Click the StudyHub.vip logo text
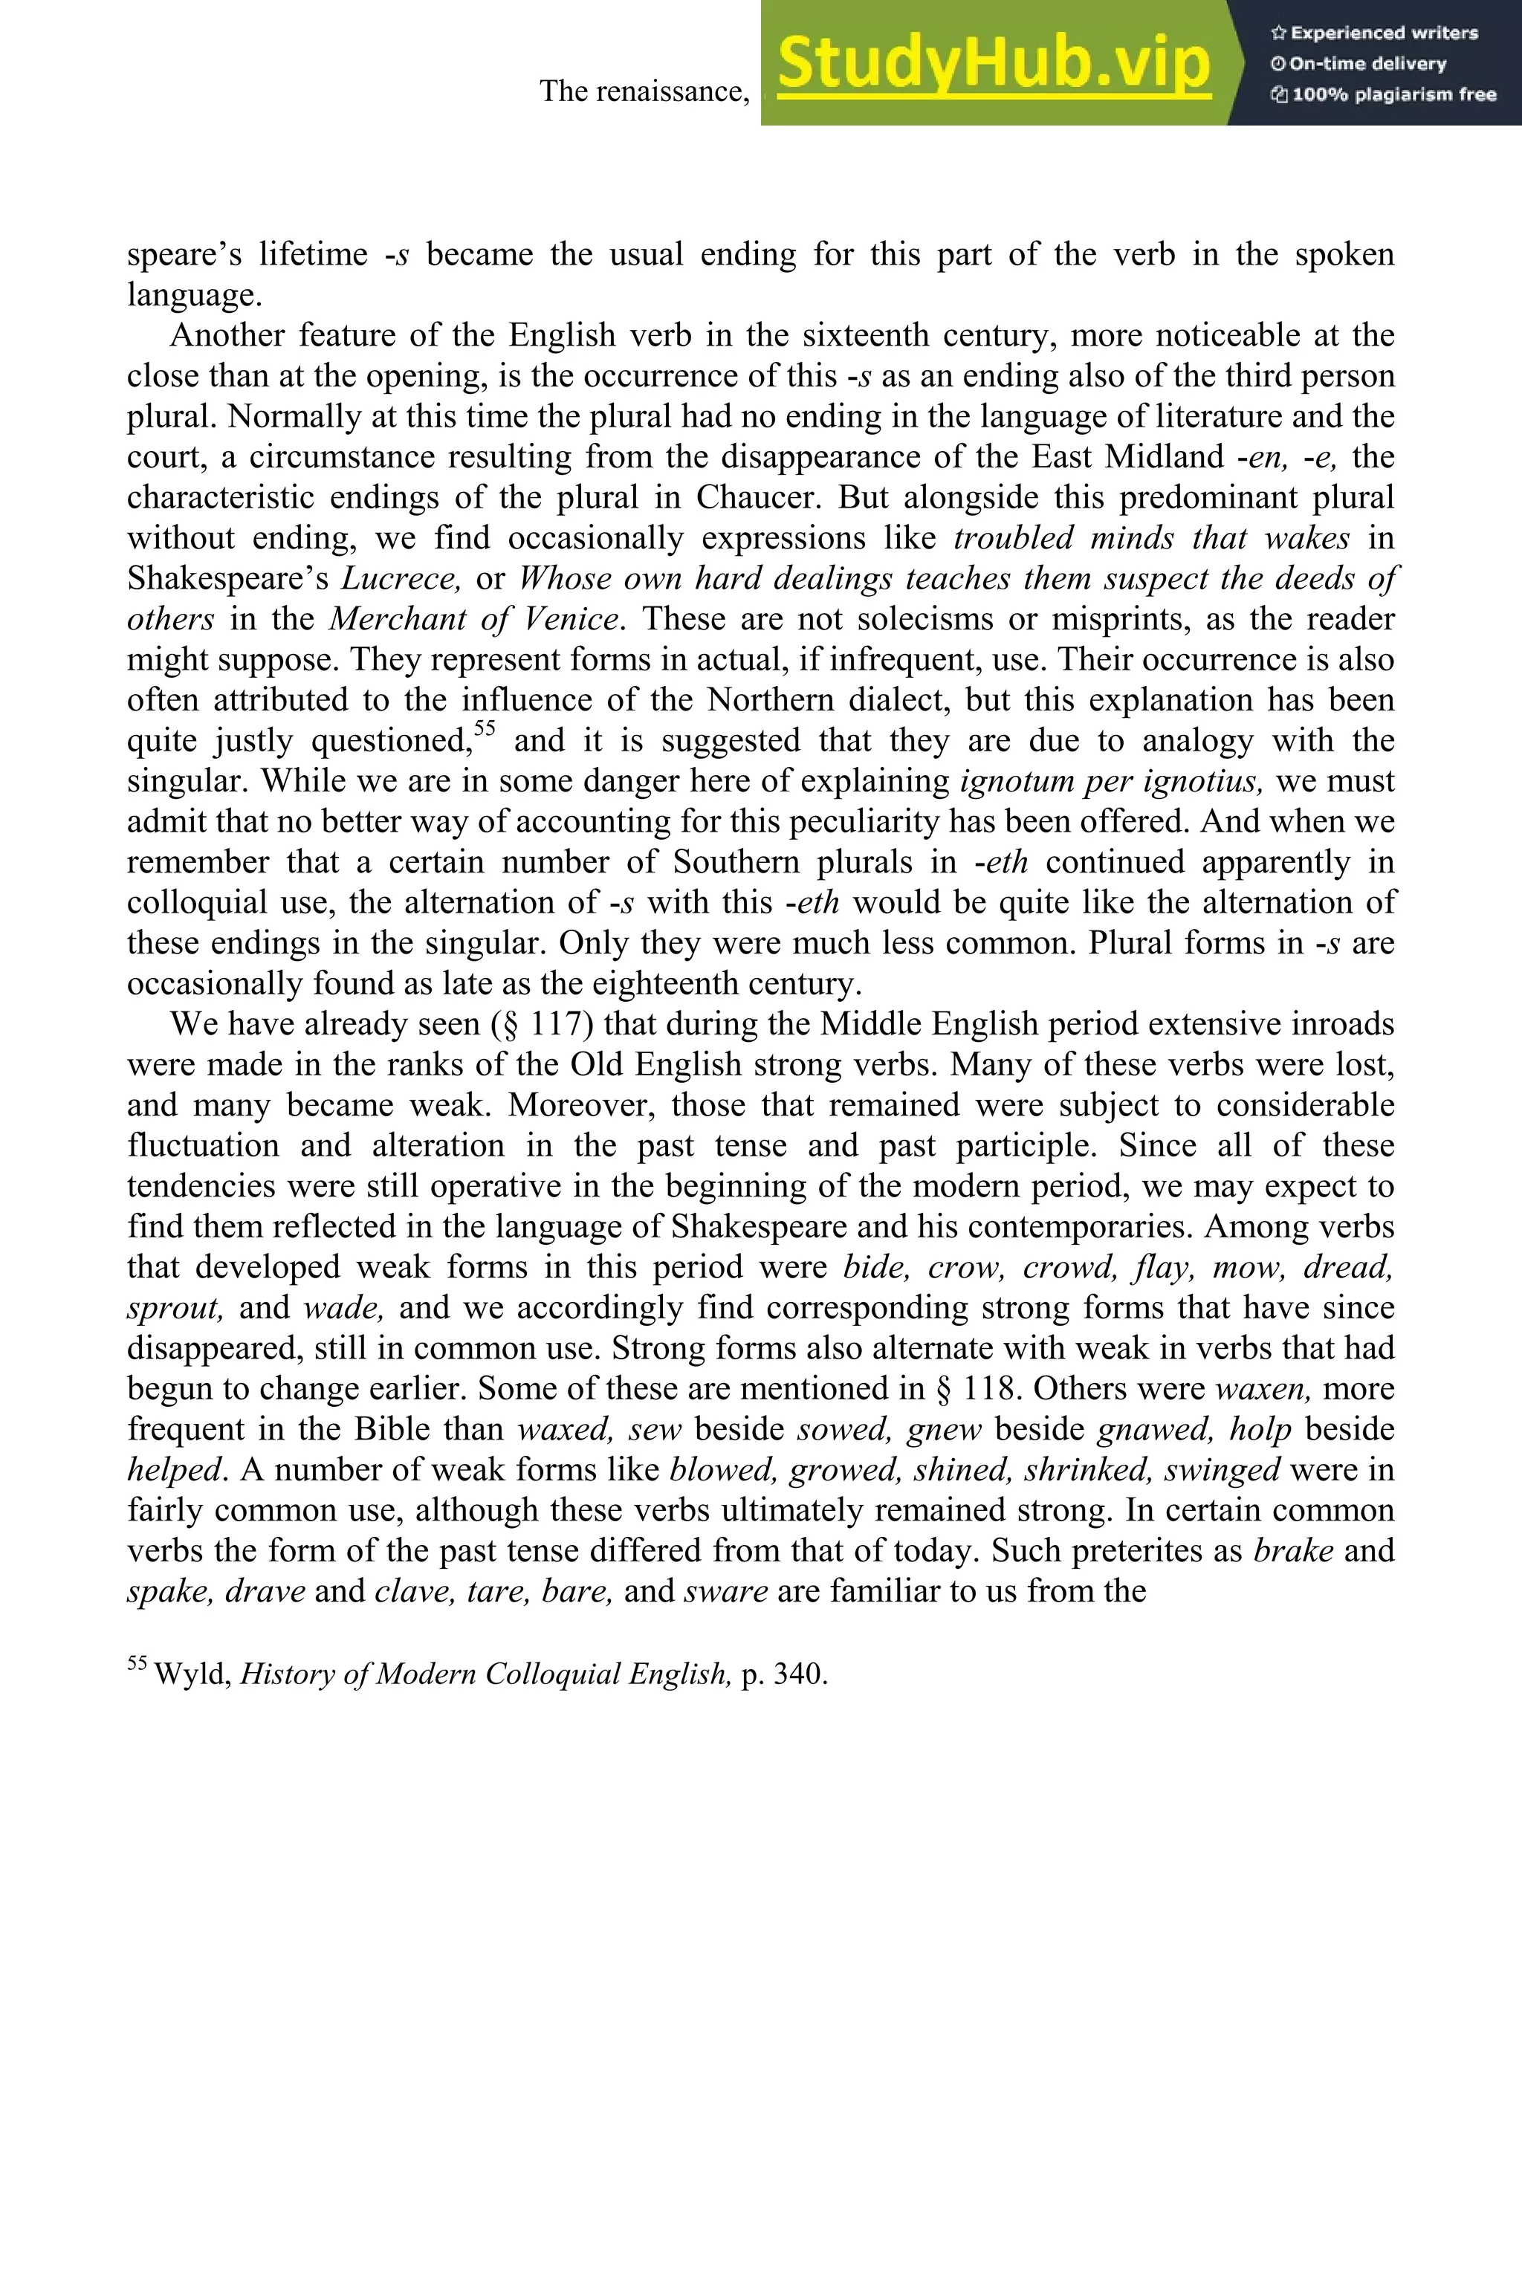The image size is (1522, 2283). coord(993,64)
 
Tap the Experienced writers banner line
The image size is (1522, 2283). coord(1373,33)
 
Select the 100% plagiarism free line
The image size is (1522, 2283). coord(1383,95)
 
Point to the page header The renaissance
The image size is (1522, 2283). coord(644,91)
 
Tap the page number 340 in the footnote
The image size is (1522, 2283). coord(798,1674)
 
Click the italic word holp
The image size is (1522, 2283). coord(1260,1430)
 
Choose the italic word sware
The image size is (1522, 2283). coord(726,1591)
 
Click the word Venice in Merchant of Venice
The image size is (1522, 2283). coord(571,619)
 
